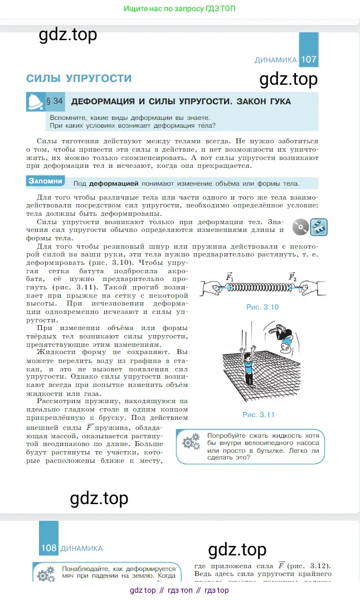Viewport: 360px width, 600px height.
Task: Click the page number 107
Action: point(308,60)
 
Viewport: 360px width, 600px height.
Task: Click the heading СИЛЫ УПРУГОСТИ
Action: point(79,79)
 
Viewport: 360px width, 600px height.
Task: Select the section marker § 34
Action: point(55,101)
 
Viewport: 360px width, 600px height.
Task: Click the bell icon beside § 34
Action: point(36,102)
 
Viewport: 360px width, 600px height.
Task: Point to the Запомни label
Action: point(45,181)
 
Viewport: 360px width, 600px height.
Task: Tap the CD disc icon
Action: point(301,227)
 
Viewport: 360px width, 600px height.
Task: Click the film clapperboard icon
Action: point(319,227)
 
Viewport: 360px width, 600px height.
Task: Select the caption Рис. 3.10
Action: point(262,307)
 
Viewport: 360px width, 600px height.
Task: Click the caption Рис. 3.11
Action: point(259,414)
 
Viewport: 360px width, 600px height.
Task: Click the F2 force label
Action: point(292,277)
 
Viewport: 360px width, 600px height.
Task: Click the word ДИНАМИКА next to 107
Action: point(276,60)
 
